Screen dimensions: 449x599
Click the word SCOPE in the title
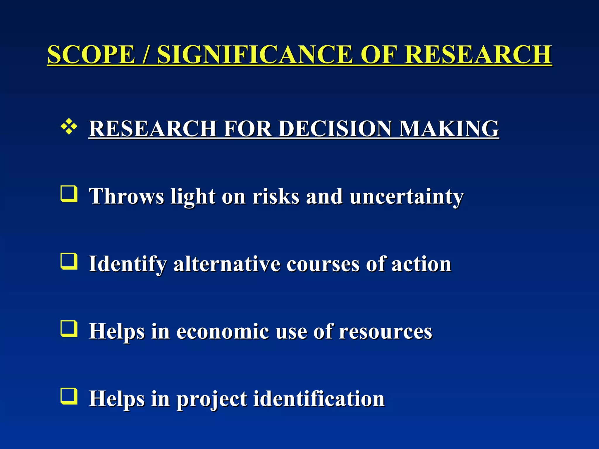click(91, 55)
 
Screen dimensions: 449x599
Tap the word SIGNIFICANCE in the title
click(254, 55)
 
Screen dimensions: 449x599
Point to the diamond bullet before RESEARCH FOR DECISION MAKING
click(69, 127)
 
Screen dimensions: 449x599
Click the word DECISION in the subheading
click(335, 129)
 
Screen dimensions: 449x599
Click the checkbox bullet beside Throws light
click(69, 194)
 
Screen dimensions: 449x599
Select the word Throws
click(126, 196)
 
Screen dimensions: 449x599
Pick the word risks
click(276, 196)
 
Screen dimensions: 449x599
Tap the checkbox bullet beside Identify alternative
click(69, 261)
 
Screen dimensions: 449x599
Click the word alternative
click(227, 264)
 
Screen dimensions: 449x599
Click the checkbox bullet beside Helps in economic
click(69, 329)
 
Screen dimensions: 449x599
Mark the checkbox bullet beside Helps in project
click(69, 396)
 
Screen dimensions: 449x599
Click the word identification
click(319, 399)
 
